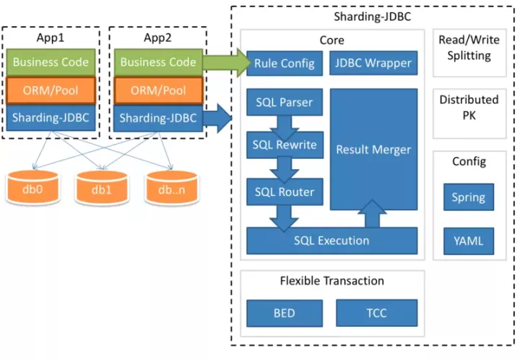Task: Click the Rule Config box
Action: (284, 64)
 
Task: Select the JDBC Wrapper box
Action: (373, 64)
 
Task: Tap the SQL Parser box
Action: (284, 102)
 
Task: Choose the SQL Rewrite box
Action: (284, 145)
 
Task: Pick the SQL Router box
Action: (284, 192)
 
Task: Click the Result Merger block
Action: (373, 150)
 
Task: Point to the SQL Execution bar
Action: (331, 241)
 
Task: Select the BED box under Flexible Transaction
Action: (284, 313)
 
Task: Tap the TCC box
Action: (376, 313)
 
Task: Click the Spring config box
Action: (468, 197)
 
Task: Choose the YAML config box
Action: (468, 241)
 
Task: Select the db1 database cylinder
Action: (102, 189)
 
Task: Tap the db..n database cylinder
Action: (172, 189)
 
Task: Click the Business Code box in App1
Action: (51, 62)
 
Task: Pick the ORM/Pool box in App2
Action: (158, 90)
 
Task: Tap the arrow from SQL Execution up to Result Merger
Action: (372, 213)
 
